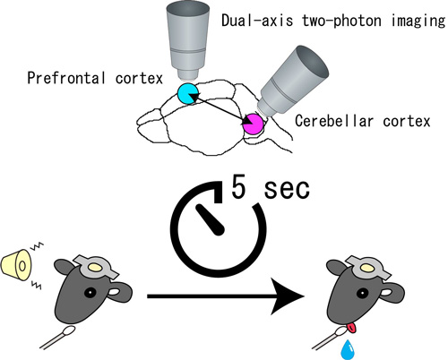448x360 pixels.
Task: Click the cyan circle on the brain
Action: click(187, 93)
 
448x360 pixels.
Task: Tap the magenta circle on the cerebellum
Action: click(253, 124)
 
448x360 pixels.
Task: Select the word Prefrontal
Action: click(66, 78)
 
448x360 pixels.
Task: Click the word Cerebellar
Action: click(334, 121)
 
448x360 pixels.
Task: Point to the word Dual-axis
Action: click(257, 21)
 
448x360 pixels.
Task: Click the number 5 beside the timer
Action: click(239, 187)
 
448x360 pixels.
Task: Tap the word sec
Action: click(287, 189)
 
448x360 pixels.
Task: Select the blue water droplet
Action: click(348, 349)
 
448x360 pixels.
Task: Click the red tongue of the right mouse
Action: click(352, 328)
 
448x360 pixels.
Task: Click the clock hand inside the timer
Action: click(211, 220)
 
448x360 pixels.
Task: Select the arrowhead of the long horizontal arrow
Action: click(288, 296)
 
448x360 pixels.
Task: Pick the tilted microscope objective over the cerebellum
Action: click(293, 81)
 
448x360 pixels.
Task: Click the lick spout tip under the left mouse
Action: click(69, 330)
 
